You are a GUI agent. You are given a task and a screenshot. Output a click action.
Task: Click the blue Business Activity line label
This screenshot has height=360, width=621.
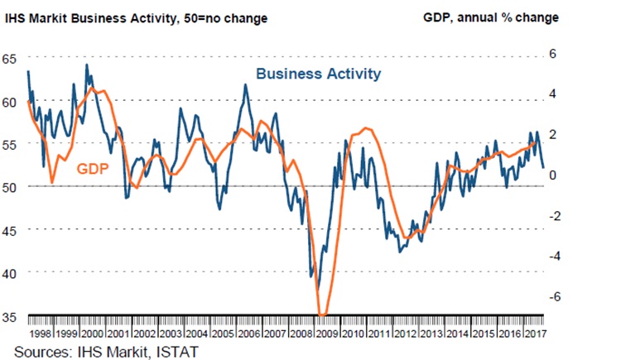318,74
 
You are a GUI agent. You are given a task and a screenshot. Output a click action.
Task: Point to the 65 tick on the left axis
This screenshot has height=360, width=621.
9,60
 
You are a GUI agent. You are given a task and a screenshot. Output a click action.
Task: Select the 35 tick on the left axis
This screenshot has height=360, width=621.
9,315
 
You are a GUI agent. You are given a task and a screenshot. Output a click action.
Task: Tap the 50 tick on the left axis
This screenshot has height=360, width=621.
9,187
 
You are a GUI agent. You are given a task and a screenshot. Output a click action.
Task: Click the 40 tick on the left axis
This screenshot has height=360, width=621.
9,272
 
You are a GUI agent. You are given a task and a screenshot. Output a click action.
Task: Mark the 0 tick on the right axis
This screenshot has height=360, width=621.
557,174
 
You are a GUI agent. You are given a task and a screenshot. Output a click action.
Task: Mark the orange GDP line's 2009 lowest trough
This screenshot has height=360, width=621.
322,314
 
